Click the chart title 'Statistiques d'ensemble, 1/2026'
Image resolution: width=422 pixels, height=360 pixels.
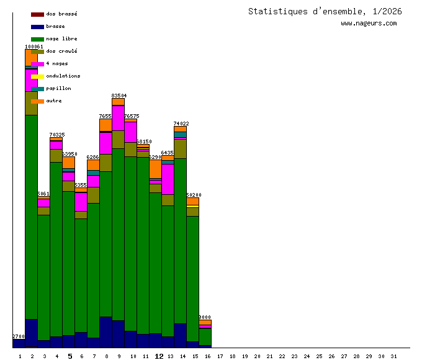coord(325,11)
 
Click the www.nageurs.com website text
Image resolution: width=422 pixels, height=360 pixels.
coord(369,24)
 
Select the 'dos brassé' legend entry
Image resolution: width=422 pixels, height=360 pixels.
coord(61,14)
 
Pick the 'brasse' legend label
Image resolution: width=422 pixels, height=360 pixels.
coord(55,26)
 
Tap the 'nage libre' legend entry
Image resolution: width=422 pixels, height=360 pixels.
coord(61,38)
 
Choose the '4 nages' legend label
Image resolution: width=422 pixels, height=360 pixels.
coord(57,63)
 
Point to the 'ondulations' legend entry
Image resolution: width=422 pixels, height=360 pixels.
coord(63,76)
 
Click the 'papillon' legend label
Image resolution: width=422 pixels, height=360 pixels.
coord(58,88)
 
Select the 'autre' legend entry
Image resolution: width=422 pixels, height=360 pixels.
coord(54,101)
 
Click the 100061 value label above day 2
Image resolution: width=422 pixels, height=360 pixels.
coord(34,47)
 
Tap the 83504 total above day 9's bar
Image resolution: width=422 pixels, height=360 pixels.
coord(119,96)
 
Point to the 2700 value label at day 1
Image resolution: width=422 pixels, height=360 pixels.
coord(19,336)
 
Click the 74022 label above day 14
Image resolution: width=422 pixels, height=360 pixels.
coord(181,124)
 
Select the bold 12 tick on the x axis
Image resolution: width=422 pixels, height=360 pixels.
coord(159,356)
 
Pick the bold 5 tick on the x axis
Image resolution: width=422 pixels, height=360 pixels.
coord(70,356)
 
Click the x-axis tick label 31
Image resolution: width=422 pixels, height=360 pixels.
coord(393,356)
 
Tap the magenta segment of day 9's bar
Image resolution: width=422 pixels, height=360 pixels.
coord(118,118)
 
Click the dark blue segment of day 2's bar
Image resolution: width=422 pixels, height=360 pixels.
coord(31,332)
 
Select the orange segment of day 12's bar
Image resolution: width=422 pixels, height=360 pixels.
coord(155,169)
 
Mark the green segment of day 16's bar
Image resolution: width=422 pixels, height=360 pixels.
coord(205,336)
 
